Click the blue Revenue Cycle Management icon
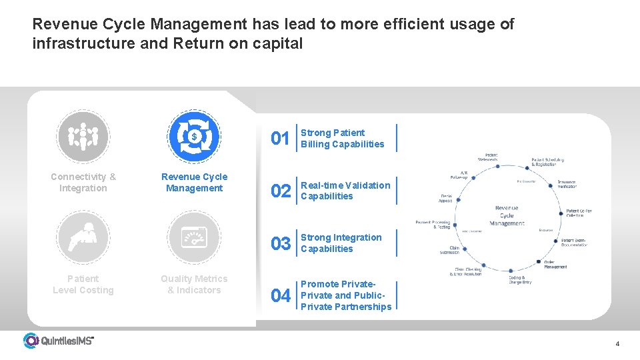194,136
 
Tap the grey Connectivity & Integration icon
83,136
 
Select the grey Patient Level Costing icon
83,237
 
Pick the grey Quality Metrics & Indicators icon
194,237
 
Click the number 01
280,139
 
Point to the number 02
280,191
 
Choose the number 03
280,243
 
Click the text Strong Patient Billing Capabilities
343,138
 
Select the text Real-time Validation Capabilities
345,191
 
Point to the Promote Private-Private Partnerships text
346,295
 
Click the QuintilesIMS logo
59,341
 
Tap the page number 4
617,344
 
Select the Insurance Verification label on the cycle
567,185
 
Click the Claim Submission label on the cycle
449,250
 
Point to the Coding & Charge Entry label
520,279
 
